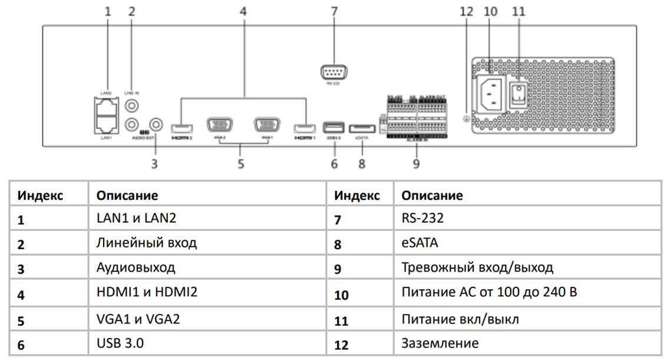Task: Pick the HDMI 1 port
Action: [306, 127]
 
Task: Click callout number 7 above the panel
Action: [334, 11]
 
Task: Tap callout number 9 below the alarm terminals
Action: [416, 164]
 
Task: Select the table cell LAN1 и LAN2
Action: [136, 219]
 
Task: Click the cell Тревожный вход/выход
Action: [477, 268]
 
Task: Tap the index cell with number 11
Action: [341, 320]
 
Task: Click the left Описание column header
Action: [127, 194]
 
